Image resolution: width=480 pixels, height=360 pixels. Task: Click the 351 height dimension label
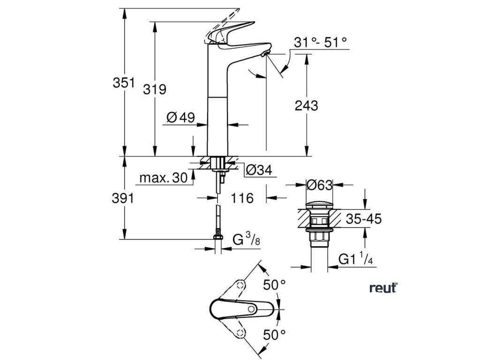click(x=123, y=83)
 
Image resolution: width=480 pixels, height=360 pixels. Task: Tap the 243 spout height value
click(x=307, y=105)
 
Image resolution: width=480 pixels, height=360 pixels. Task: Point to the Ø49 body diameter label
click(x=180, y=118)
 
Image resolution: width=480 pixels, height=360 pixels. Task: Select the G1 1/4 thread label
click(x=356, y=259)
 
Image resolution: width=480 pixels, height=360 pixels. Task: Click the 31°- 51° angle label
click(x=321, y=42)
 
